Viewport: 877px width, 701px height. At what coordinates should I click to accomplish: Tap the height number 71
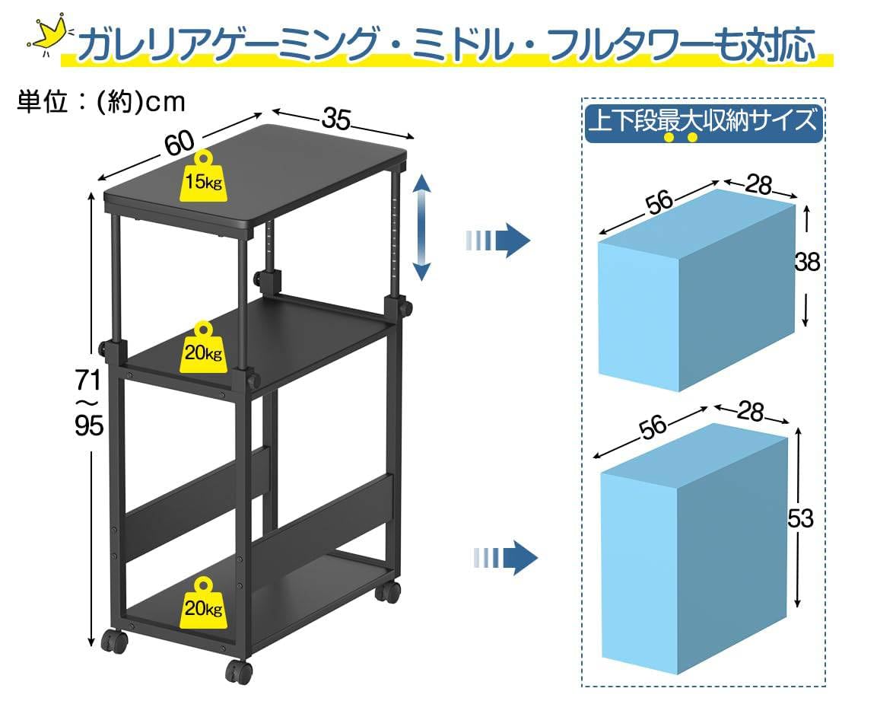(88, 378)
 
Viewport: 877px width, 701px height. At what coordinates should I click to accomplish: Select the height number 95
(88, 427)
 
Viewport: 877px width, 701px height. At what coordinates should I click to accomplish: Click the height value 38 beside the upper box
(806, 262)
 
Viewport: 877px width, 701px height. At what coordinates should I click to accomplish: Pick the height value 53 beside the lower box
(799, 518)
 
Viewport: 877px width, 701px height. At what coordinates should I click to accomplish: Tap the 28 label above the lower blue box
(751, 412)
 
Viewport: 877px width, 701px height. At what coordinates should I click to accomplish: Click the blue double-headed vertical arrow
(423, 227)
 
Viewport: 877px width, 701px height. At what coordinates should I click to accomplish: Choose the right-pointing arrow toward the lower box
(504, 558)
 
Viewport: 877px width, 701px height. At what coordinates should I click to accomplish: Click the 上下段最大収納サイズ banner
(704, 122)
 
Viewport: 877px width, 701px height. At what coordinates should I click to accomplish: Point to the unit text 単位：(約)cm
(101, 101)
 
